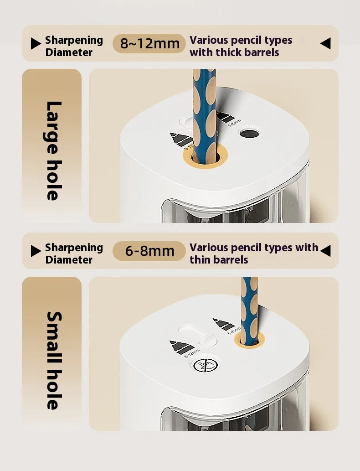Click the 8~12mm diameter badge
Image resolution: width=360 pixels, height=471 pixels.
(149, 44)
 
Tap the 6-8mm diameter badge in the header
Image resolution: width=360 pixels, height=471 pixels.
(149, 251)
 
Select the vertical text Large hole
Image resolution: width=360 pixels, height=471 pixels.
(54, 151)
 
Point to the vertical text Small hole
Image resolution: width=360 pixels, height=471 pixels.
(54, 361)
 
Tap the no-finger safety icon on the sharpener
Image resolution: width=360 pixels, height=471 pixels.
(206, 365)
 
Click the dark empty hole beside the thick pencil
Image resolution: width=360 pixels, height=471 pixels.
(250, 134)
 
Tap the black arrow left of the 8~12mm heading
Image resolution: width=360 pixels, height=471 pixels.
(36, 44)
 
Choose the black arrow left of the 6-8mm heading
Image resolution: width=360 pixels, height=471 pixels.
(36, 251)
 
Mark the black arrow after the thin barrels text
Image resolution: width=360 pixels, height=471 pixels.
(325, 251)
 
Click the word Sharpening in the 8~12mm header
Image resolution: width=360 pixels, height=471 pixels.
(74, 40)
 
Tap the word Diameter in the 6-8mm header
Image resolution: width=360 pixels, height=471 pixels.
(69, 259)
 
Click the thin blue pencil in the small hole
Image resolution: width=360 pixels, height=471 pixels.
(250, 311)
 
